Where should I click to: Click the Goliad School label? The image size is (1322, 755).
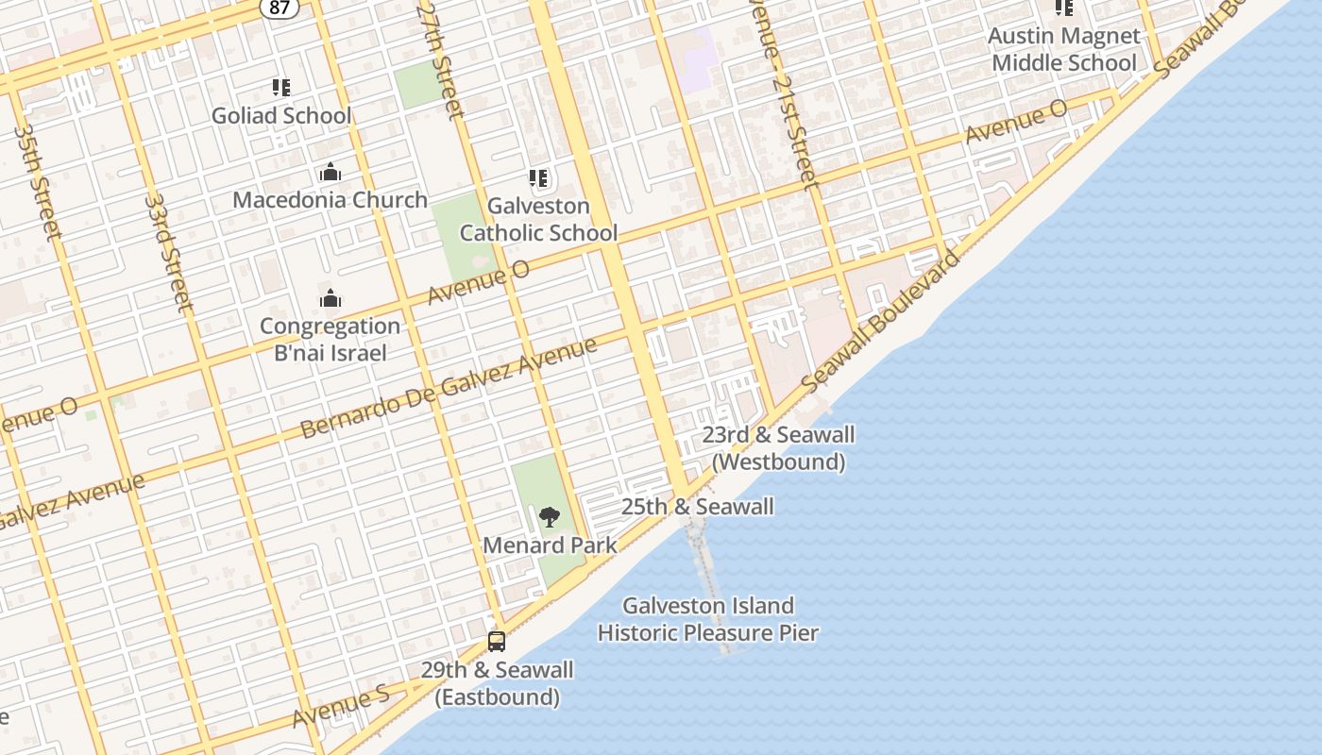click(281, 116)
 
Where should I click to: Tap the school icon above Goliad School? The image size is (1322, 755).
click(281, 88)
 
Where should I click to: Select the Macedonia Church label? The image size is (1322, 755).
click(330, 200)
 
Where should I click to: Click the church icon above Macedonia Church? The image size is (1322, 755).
click(330, 172)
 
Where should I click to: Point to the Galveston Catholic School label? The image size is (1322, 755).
click(538, 219)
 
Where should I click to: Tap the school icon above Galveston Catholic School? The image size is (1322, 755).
click(538, 178)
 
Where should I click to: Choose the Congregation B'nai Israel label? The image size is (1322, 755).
click(330, 340)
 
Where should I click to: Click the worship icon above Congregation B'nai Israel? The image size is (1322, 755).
click(330, 298)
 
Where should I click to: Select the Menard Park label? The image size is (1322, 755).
click(550, 545)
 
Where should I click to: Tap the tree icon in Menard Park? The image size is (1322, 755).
click(549, 516)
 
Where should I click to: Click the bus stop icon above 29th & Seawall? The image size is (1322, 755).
click(497, 642)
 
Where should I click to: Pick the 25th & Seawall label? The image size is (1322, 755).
click(698, 507)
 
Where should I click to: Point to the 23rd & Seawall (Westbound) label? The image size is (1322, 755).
click(778, 448)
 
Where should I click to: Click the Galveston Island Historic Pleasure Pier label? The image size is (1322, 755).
click(707, 619)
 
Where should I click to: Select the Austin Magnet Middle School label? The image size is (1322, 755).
click(1064, 49)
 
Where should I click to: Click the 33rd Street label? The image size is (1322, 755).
click(170, 253)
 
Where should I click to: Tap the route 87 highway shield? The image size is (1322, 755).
click(280, 6)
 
